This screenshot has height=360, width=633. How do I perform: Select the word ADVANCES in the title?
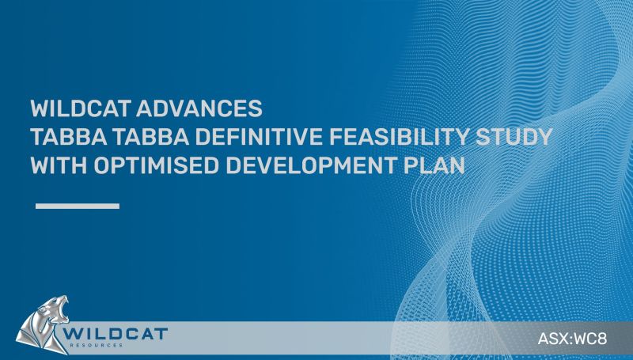tap(200, 108)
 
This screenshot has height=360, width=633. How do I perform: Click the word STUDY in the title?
tap(514, 137)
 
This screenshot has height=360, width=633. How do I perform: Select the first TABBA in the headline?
tap(69, 137)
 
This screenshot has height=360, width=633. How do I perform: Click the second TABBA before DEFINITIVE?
tap(151, 137)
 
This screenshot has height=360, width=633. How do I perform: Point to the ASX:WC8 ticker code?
tap(572, 338)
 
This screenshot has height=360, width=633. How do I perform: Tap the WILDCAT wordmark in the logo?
tap(116, 334)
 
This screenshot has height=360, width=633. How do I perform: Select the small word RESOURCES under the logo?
tap(96, 346)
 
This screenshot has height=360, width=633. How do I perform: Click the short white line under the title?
tap(78, 207)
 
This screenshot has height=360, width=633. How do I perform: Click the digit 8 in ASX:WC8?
tap(602, 338)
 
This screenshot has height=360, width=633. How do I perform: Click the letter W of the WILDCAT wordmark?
tap(72, 334)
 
